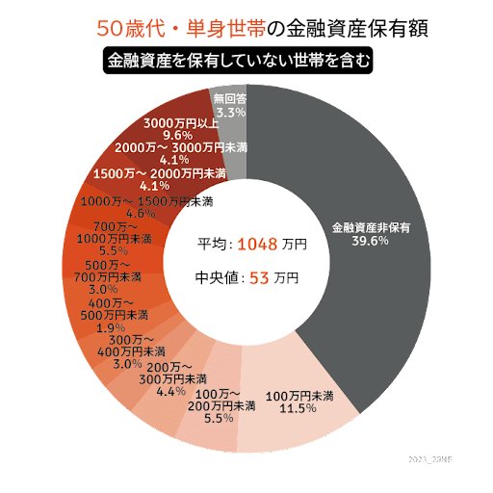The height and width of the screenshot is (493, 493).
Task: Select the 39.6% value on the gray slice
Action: [x=371, y=242]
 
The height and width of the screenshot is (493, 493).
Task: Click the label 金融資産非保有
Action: [x=372, y=228]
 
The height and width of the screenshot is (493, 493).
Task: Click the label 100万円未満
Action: [x=298, y=396]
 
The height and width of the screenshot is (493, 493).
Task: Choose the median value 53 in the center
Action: [x=259, y=278]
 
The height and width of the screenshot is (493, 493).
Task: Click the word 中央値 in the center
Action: [x=216, y=278]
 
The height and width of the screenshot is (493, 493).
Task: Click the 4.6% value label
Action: [x=141, y=214]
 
